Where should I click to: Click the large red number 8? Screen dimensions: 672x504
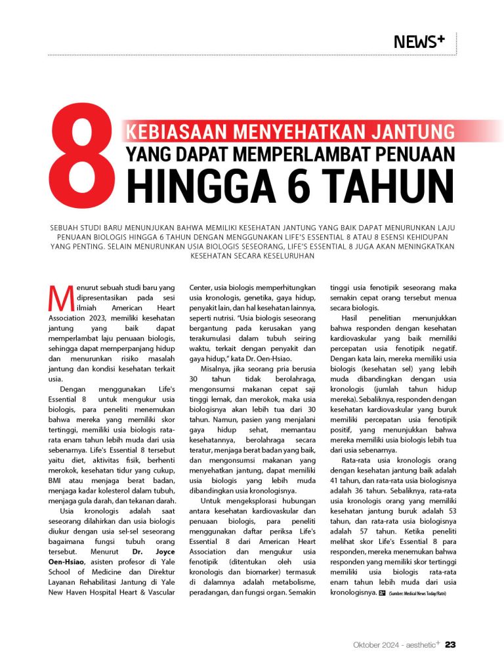coord(83,159)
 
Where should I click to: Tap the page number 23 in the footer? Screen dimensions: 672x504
coord(450,644)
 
